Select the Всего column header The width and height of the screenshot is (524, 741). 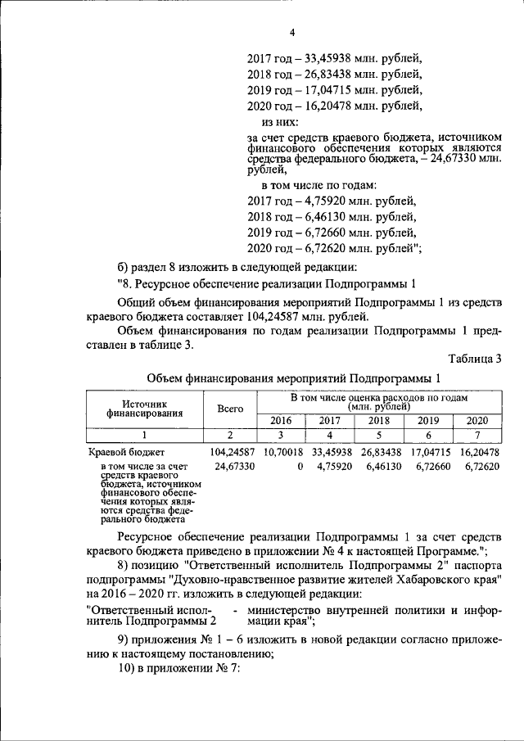click(x=230, y=407)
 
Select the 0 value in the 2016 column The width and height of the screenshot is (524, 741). click(x=300, y=466)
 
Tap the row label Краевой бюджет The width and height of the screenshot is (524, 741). click(x=127, y=452)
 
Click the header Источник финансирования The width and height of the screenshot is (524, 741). click(x=144, y=408)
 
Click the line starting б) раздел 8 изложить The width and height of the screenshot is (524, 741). click(x=237, y=268)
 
